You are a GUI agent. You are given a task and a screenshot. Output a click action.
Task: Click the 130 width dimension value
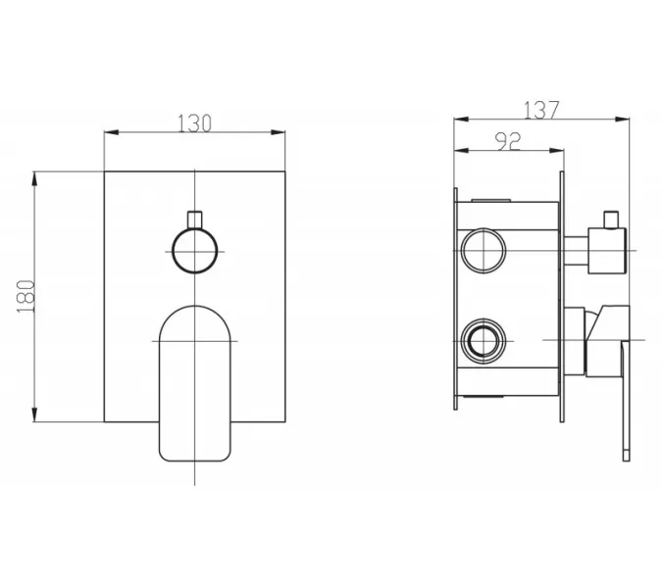coord(194,123)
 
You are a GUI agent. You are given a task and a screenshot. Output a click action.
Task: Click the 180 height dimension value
coord(25,296)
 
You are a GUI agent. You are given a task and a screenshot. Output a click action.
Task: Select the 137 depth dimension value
coord(541,110)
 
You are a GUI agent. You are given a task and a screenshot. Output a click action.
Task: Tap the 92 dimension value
coord(508,141)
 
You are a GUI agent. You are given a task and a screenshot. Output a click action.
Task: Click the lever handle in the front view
coord(194,383)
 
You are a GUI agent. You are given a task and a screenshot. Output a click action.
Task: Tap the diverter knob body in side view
coord(607,251)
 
